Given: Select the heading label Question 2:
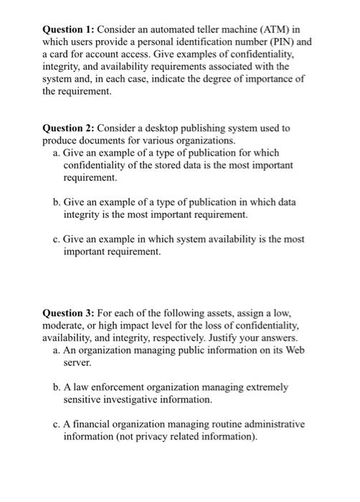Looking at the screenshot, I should (x=69, y=128).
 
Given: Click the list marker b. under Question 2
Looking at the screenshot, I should (x=57, y=202).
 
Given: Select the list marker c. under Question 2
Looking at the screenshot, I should (x=57, y=240).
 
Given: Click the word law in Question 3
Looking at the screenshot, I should (x=81, y=388).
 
